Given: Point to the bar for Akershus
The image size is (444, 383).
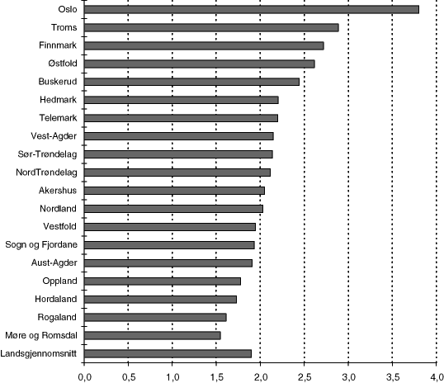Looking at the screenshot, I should tap(174, 191).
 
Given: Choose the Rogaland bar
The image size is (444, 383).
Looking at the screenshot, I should tap(155, 317).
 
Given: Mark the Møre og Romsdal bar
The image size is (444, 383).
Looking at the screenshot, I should tap(152, 335).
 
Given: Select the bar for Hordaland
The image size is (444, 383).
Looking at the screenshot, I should tap(160, 299).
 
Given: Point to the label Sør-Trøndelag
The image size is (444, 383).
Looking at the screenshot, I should tap(48, 154).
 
